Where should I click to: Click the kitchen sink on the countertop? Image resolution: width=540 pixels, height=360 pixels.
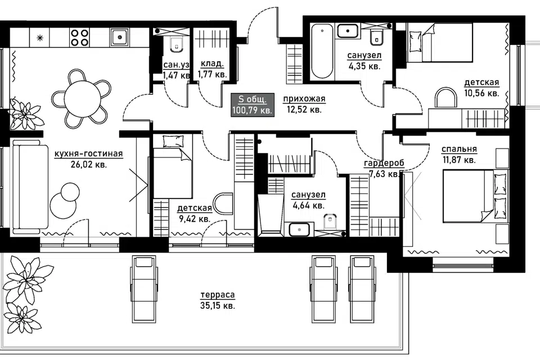pos(119,37)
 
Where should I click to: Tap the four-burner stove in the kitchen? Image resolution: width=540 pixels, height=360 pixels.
pos(79,37)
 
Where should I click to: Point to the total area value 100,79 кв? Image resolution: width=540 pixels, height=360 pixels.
pos(253,111)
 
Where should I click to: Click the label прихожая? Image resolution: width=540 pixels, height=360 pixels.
pos(304,99)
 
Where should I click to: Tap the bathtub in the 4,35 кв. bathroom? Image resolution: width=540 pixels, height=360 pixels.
pos(322,52)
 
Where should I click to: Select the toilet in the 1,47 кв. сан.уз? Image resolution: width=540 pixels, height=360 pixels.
pos(176,44)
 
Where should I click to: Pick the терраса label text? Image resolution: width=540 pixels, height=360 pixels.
pos(218,295)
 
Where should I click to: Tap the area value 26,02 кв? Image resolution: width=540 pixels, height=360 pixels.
pos(89,164)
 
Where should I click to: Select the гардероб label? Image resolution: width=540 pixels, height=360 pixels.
pos(384,163)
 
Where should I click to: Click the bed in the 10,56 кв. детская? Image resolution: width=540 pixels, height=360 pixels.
pos(439,42)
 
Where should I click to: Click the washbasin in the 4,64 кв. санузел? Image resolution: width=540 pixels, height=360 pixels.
pos(299,229)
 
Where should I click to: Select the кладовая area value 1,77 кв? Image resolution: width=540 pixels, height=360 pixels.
pos(212,74)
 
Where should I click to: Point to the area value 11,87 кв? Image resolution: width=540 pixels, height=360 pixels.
pos(460,160)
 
